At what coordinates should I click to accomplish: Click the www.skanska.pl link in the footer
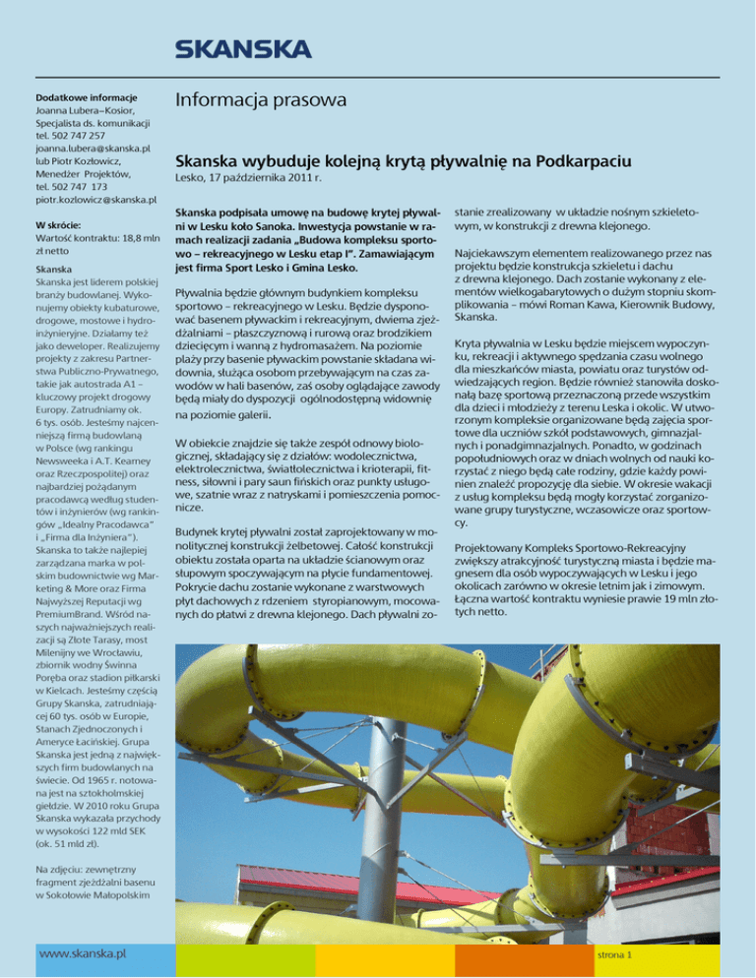pos(83,952)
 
